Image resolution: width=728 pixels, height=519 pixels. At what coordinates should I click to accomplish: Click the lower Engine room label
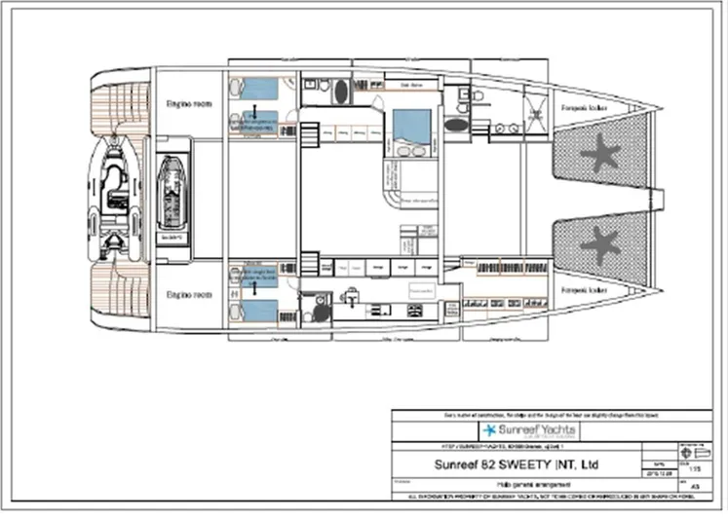(184, 293)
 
